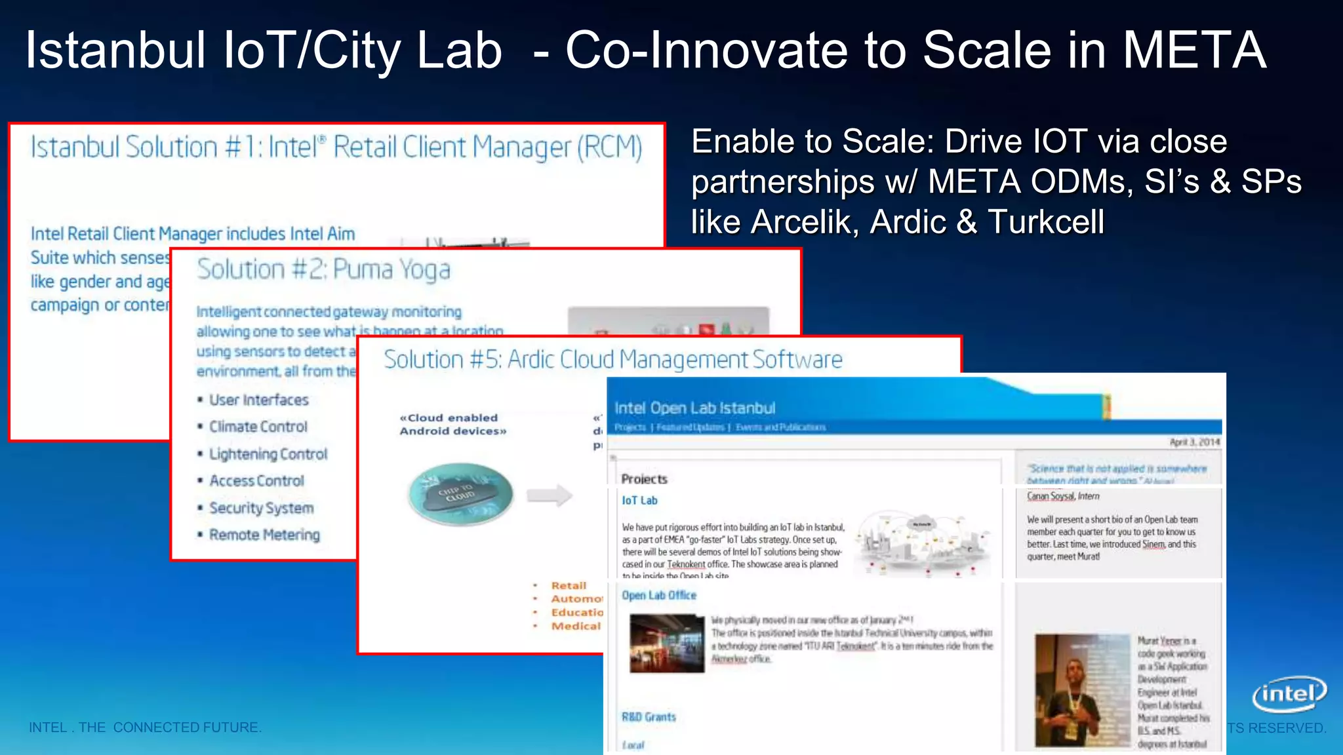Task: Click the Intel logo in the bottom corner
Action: click(x=1289, y=694)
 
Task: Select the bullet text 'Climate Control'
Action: click(x=258, y=427)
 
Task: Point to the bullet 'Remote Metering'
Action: click(x=264, y=535)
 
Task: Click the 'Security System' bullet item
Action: click(x=261, y=508)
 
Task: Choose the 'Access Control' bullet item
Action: click(x=256, y=481)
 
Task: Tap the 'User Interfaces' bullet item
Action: click(x=258, y=400)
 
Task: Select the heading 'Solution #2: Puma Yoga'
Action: click(x=323, y=269)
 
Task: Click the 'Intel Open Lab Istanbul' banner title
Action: click(x=694, y=408)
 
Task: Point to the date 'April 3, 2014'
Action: click(x=1194, y=442)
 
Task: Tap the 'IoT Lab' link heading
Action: click(x=639, y=500)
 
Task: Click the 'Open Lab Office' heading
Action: click(x=658, y=595)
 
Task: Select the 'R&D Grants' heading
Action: click(x=649, y=717)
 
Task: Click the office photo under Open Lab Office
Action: click(x=667, y=644)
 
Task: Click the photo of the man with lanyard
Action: click(x=1081, y=690)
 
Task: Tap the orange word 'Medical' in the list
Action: click(x=576, y=626)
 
